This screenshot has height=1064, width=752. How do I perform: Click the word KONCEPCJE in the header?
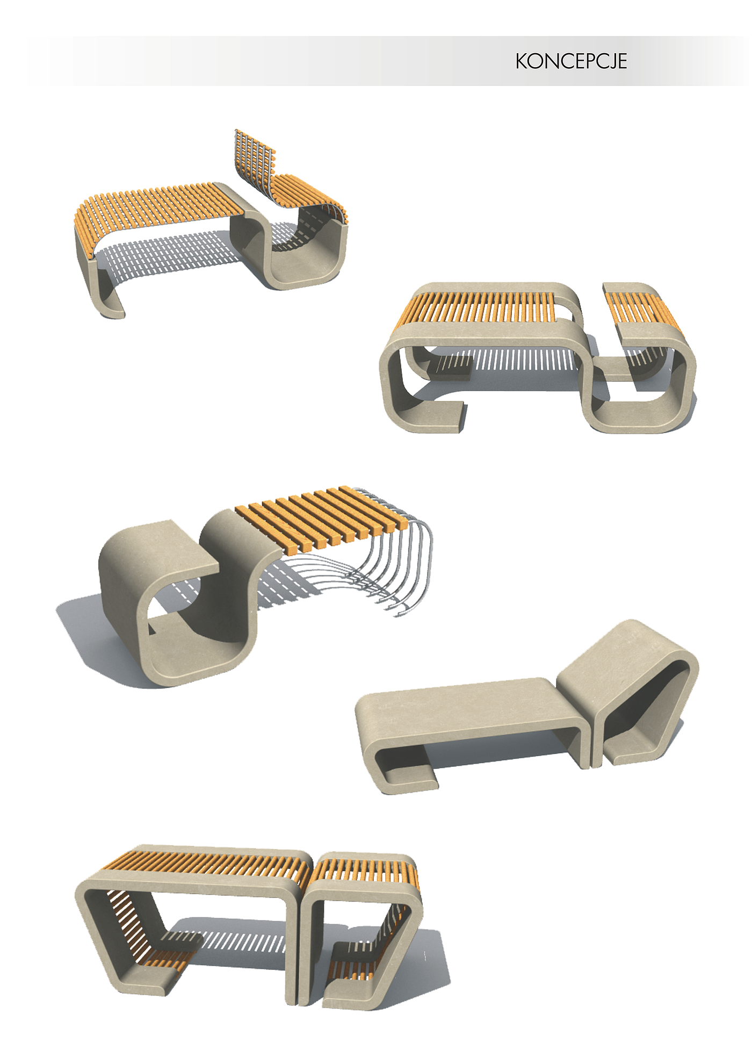[571, 61]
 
